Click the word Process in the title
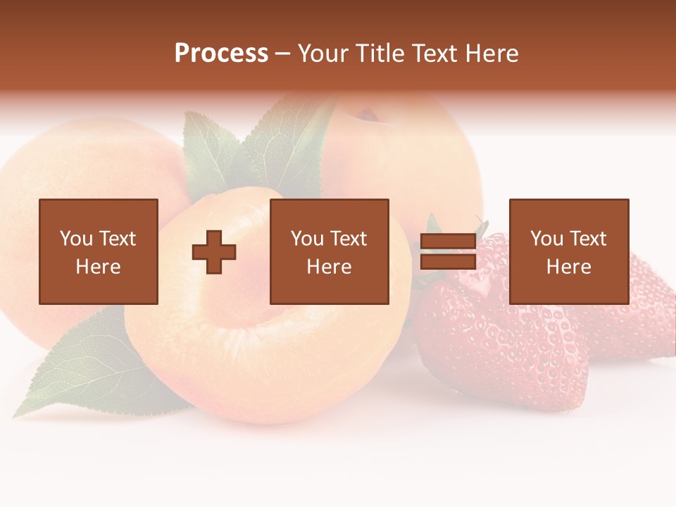point(221,54)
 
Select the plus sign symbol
point(214,251)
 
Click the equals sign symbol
point(448,251)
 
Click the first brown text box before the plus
point(99,251)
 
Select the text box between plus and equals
point(329,251)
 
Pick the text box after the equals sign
point(568,251)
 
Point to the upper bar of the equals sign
point(448,241)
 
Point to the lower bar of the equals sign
point(448,262)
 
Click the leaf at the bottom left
point(77,366)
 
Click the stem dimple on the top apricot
point(366,113)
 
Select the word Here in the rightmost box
point(568,267)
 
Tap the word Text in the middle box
point(349,239)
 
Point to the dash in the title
point(283,54)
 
